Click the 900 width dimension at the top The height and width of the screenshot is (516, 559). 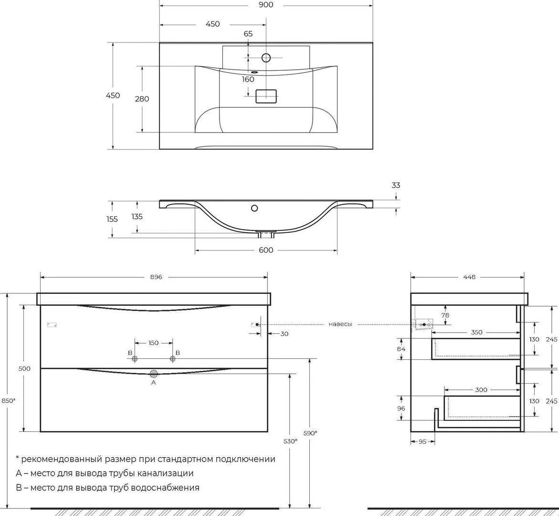click(266, 5)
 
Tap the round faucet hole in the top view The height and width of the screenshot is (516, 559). click(266, 57)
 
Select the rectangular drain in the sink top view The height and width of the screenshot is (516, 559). click(266, 96)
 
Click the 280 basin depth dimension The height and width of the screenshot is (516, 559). click(142, 99)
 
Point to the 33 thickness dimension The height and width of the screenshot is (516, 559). click(396, 185)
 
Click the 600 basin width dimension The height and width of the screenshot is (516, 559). click(266, 250)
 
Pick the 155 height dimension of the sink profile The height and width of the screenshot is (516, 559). click(112, 219)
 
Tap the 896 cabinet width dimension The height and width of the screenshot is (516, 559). click(156, 277)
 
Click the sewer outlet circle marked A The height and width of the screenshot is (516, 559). click(154, 374)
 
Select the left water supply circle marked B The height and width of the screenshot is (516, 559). click(135, 359)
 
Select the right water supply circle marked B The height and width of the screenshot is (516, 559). click(173, 359)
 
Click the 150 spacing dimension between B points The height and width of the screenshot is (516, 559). click(153, 343)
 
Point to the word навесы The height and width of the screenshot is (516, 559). click(340, 324)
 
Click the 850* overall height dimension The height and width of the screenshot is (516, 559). click(9, 400)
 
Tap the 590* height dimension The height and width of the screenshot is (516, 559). click(310, 433)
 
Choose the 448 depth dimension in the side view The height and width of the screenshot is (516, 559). click(469, 277)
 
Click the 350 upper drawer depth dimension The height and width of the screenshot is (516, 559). click(476, 332)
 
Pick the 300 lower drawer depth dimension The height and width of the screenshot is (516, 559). click(481, 390)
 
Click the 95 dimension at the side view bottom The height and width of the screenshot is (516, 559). click(422, 441)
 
